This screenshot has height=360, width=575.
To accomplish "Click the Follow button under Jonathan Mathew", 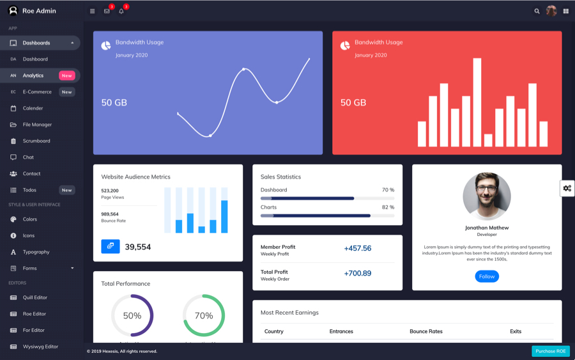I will pos(487,276).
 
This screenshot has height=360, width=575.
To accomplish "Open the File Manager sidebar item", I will pos(37,125).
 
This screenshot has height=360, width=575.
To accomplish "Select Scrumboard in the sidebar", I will pos(36,141).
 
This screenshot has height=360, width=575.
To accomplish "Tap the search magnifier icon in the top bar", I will pos(537,11).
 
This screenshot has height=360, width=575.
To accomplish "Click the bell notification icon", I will pos(121,11).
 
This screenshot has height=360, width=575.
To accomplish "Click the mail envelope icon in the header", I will pos(107,11).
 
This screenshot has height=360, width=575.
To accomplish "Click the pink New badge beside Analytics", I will pos(66,75).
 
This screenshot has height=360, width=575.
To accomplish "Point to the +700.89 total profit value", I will pos(358,273).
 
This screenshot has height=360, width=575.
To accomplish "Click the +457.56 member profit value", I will pos(358,248).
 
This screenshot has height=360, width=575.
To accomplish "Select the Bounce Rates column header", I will pos(426,331).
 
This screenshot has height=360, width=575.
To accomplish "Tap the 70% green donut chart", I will pos(204,315).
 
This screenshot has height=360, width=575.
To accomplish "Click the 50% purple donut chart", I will pos(132,315).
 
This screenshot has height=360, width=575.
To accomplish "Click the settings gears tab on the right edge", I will pos(567,188).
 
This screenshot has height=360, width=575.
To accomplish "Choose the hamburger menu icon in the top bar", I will pos(92,11).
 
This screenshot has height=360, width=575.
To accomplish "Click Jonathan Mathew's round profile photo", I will pos(487,197).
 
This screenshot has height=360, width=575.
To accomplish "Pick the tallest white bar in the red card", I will pos(477,102).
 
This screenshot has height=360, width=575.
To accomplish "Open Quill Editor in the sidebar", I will pos(34,297).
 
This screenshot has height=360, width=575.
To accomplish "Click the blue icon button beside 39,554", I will pos(111,246).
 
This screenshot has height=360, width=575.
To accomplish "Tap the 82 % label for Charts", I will pos(388,207).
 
